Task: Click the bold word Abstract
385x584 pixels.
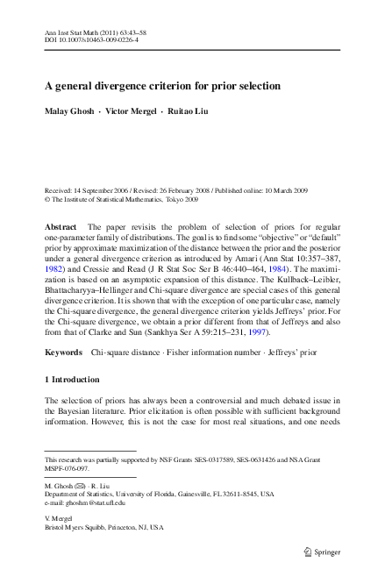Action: (x=62, y=226)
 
